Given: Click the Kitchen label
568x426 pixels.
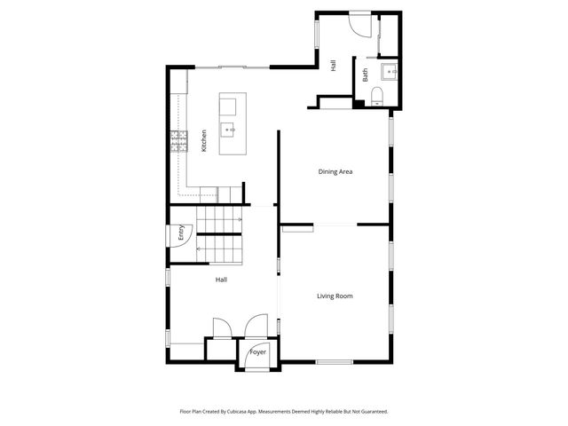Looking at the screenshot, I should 204,141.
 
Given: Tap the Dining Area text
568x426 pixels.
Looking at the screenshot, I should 336,171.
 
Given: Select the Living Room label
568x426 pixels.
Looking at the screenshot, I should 335,296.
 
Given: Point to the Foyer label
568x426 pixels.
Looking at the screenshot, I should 257,352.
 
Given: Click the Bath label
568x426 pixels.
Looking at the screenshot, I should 365,75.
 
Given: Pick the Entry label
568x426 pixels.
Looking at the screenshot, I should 180,233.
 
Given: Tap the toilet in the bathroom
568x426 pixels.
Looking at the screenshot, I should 377,96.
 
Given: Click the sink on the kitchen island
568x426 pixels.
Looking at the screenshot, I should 229,130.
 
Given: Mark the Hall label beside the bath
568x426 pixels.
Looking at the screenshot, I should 333,65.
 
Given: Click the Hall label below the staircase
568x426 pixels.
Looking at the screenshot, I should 221,280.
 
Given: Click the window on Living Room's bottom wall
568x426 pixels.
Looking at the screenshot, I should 335,361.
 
